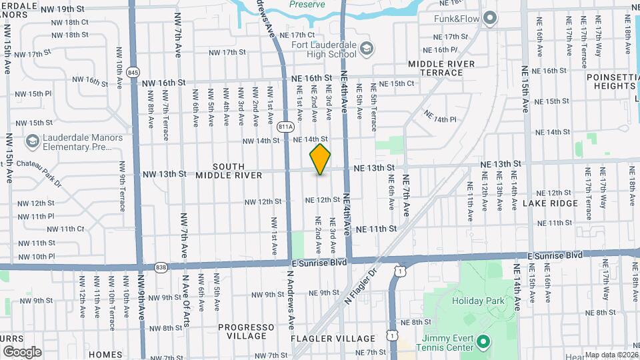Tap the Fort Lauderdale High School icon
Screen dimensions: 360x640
pyautogui.click(x=366, y=48)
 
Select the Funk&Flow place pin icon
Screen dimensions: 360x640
pyautogui.click(x=490, y=18)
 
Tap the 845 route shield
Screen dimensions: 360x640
pyautogui.click(x=133, y=71)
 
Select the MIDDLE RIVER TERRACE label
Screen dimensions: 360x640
pyautogui.click(x=441, y=68)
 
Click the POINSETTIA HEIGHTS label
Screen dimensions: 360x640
pyautogui.click(x=613, y=81)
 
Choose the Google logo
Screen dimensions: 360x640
pyautogui.click(x=22, y=351)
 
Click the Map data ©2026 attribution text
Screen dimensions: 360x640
pyautogui.click(x=610, y=355)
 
